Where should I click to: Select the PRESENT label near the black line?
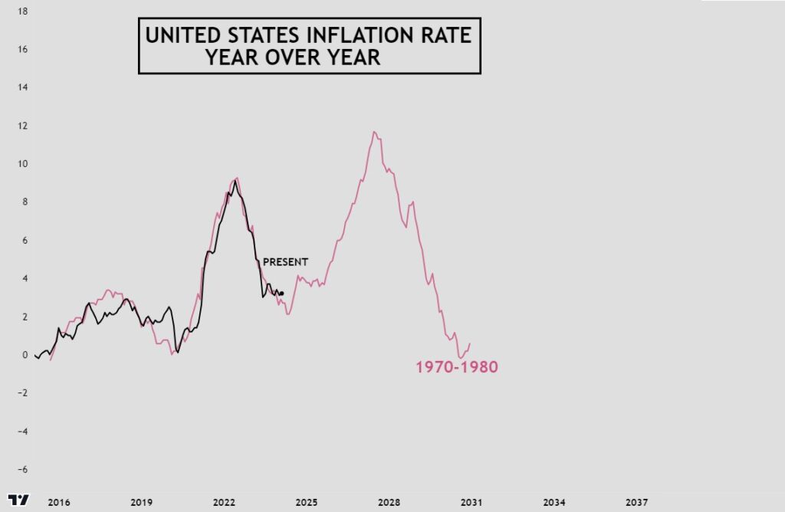pyautogui.click(x=285, y=262)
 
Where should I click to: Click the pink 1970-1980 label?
pyautogui.click(x=457, y=368)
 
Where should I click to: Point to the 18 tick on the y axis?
pyautogui.click(x=23, y=11)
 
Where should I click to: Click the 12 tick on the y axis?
pyautogui.click(x=23, y=126)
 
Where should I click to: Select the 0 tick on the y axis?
pyautogui.click(x=25, y=355)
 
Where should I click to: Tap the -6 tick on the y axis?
pyautogui.click(x=23, y=469)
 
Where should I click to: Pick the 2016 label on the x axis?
pyautogui.click(x=59, y=502)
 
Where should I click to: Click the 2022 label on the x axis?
pyautogui.click(x=224, y=502)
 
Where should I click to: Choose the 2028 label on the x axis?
pyautogui.click(x=389, y=502)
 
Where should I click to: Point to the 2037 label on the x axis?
pyautogui.click(x=636, y=502)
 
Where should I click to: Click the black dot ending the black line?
pyautogui.click(x=282, y=294)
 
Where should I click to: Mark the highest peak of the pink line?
pyautogui.click(x=374, y=132)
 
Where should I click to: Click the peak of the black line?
pyautogui.click(x=235, y=180)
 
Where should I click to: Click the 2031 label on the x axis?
pyautogui.click(x=471, y=502)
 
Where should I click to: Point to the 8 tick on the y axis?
pyautogui.click(x=25, y=202)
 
